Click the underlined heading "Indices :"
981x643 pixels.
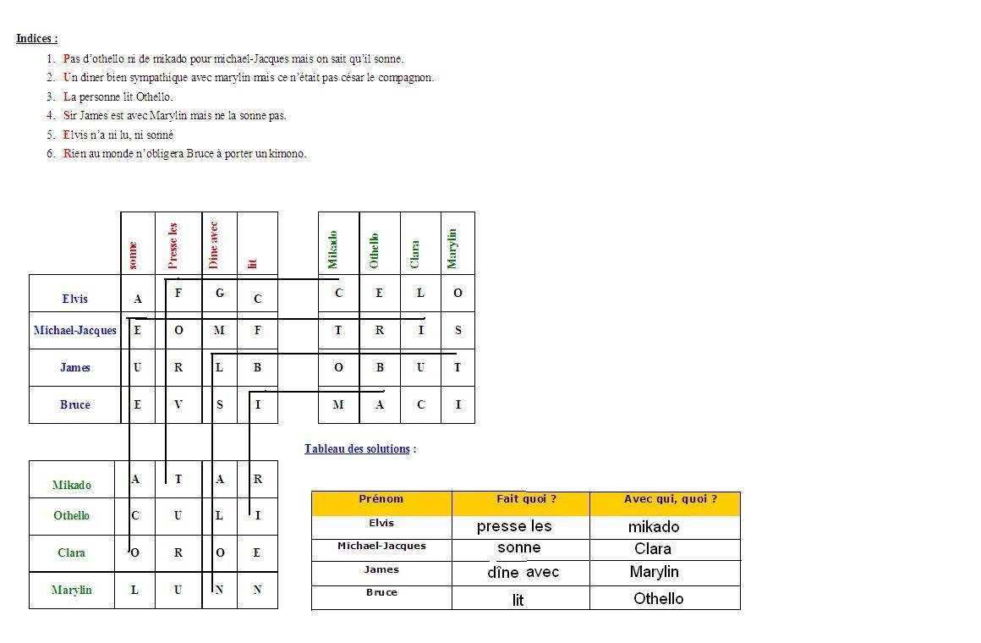(36, 38)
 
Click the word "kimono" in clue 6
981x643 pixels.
(288, 154)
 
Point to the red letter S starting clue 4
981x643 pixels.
(67, 116)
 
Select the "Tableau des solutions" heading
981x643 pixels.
(357, 448)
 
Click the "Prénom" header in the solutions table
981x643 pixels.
(381, 499)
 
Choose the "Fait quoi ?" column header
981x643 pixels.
(526, 499)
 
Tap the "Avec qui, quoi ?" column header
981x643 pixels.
(670, 499)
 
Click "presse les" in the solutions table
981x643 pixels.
(514, 526)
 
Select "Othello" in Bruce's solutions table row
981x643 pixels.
(658, 599)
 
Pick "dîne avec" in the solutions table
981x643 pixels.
(523, 573)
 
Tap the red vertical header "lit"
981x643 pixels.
(252, 264)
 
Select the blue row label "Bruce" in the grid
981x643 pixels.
(74, 405)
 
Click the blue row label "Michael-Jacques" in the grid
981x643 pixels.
(74, 331)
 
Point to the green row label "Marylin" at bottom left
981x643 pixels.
(71, 591)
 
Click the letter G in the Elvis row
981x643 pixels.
(220, 294)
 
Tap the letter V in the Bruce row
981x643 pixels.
(178, 405)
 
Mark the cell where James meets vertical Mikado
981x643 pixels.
(338, 368)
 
